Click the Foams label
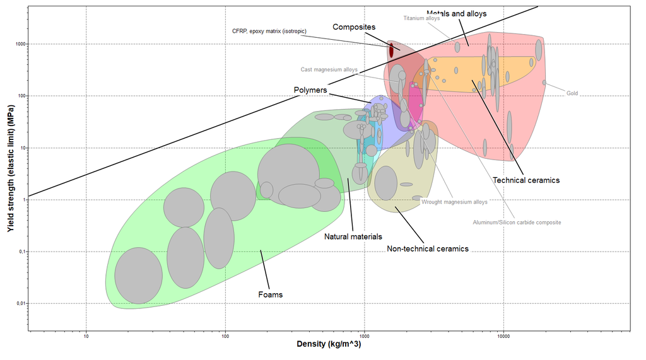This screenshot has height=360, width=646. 271,294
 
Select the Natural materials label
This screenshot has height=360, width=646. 353,236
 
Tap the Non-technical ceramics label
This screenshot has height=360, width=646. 428,248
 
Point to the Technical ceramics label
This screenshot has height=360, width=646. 526,180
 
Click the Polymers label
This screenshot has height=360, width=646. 310,90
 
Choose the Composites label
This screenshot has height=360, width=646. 354,27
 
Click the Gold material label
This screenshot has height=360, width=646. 572,93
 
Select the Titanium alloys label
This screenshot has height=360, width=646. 421,18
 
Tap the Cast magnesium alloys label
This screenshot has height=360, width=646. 329,70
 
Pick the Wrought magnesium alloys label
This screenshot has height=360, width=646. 454,202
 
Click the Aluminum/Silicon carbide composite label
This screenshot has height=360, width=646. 517,222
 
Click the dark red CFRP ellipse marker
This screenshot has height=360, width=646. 391,49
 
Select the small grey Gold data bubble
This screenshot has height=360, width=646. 544,83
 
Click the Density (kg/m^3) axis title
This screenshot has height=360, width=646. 329,344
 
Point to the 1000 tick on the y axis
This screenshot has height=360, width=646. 20,44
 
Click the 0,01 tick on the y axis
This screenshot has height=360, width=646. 20,304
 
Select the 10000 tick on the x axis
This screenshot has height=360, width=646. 503,337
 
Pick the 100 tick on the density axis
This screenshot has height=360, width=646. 225,337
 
